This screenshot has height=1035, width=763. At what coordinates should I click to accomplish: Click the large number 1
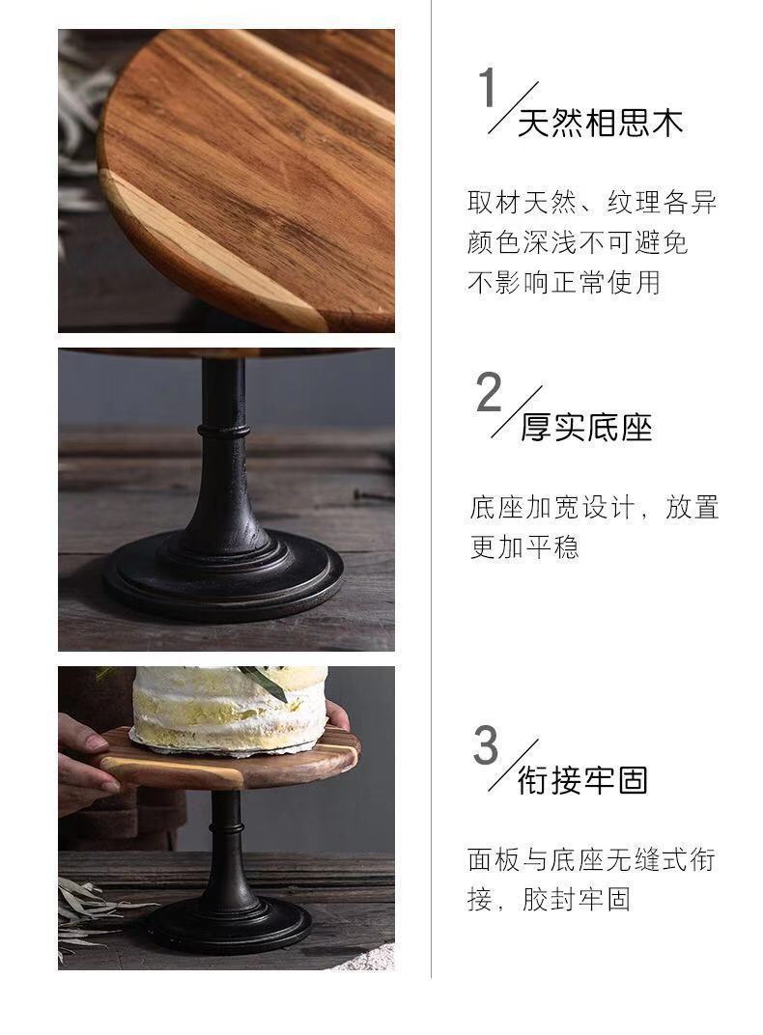pyautogui.click(x=487, y=87)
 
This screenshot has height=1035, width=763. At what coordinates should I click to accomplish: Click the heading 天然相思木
pyautogui.click(x=600, y=124)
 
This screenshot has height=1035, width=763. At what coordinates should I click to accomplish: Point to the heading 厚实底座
pyautogui.click(x=586, y=427)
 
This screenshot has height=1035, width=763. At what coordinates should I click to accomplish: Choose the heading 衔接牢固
pyautogui.click(x=582, y=779)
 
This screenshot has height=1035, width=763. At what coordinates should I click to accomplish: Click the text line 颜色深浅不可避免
pyautogui.click(x=578, y=242)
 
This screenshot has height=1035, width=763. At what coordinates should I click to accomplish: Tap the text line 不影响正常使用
pyautogui.click(x=564, y=283)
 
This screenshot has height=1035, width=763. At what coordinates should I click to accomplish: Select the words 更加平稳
pyautogui.click(x=524, y=547)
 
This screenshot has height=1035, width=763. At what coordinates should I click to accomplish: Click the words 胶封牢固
pyautogui.click(x=577, y=899)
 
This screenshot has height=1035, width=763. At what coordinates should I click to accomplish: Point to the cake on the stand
pyautogui.click(x=230, y=710)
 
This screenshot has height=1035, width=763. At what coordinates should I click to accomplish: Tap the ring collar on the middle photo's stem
pyautogui.click(x=224, y=432)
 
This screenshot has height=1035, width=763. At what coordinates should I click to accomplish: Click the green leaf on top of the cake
pyautogui.click(x=264, y=680)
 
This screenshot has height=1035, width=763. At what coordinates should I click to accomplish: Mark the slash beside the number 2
pyautogui.click(x=516, y=412)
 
